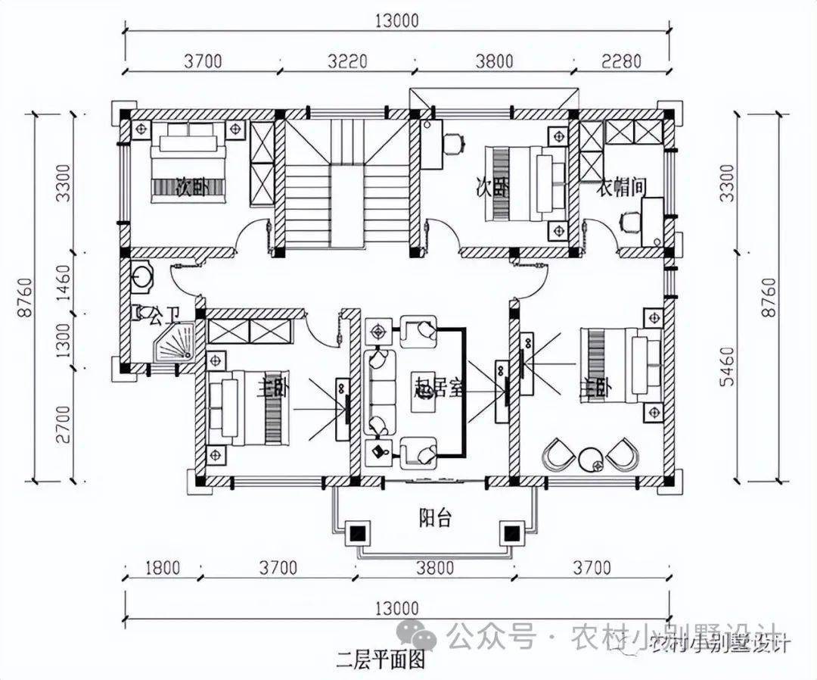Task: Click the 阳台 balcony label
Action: click(435, 519)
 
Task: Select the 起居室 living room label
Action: click(438, 389)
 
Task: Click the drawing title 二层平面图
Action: click(381, 658)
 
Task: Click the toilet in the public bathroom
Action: click(141, 277)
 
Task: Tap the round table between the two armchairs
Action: click(590, 458)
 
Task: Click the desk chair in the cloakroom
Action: click(629, 222)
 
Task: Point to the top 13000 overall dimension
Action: click(396, 21)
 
